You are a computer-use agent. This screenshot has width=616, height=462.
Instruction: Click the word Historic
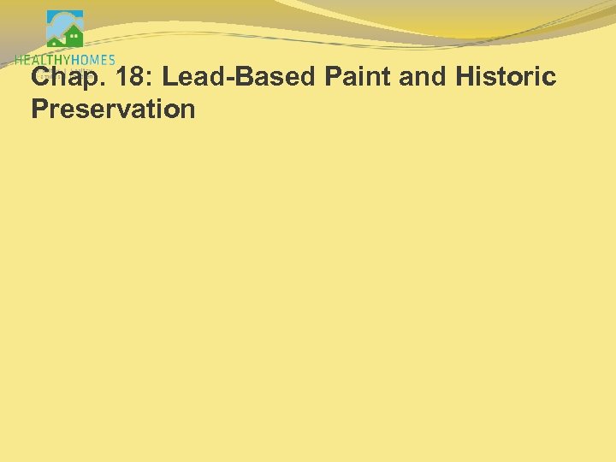pos(506,78)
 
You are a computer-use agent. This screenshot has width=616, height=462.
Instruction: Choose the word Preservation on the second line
pos(113,110)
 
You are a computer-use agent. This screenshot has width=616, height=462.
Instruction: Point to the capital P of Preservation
pos(38,110)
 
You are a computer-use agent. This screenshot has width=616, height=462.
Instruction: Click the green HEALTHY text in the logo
pos(44,60)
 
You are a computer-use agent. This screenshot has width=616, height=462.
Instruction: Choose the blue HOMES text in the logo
pos(94,60)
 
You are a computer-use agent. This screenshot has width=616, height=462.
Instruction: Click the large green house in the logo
pos(73,37)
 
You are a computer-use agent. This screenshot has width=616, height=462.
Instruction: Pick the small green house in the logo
pos(55,40)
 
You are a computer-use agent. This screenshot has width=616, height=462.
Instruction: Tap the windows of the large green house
pos(74,37)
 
